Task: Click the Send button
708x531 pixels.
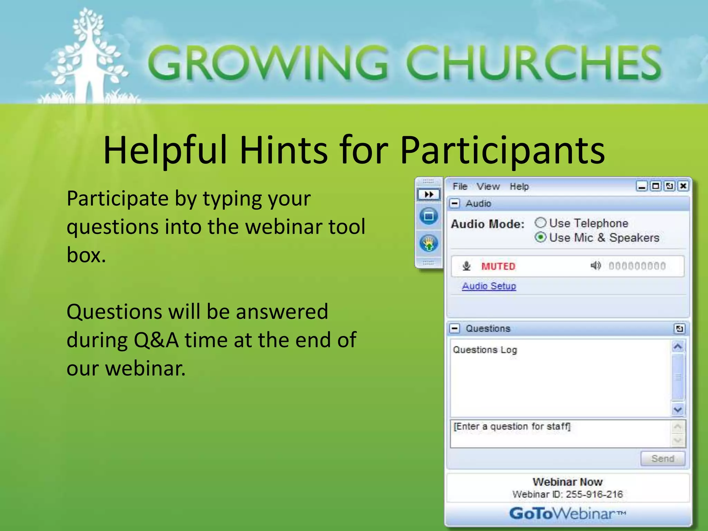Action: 662,458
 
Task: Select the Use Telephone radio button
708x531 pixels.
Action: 541,223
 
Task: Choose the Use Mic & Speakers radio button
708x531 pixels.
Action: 541,237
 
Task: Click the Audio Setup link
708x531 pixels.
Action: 489,286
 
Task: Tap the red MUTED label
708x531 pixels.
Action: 498,266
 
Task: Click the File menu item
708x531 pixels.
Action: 460,186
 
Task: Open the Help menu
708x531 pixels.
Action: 519,186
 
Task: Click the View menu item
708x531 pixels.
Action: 488,186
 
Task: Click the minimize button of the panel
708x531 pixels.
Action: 642,186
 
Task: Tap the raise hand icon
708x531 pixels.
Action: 429,243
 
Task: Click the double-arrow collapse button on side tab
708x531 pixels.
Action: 429,194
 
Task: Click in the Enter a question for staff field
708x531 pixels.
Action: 560,434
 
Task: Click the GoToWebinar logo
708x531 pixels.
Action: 567,513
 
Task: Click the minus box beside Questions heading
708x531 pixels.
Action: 455,328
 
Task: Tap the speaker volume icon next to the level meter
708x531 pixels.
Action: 595,265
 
